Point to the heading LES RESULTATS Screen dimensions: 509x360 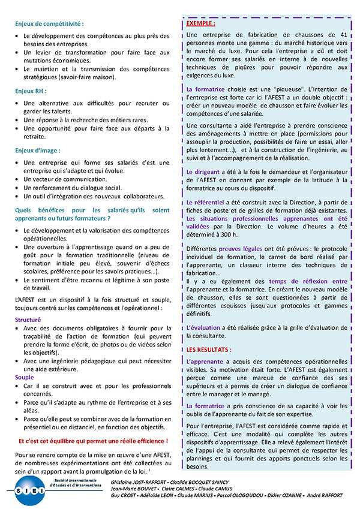point(209,349)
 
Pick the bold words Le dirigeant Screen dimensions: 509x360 point(204,172)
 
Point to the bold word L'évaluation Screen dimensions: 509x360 point(203,327)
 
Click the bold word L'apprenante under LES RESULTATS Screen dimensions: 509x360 point(205,362)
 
